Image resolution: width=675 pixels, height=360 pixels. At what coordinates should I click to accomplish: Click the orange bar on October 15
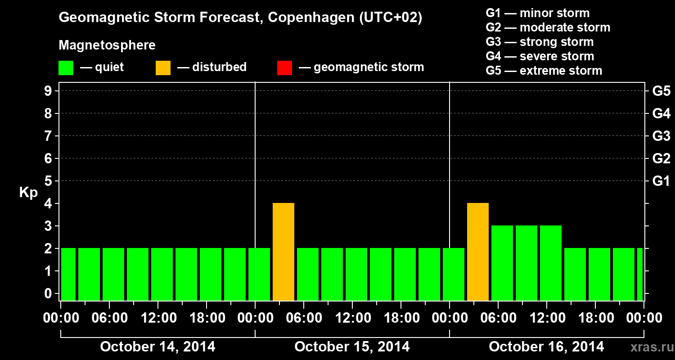click(283, 252)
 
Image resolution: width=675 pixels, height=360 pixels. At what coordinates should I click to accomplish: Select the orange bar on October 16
click(478, 252)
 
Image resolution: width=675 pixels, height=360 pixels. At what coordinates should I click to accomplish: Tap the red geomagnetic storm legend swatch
click(284, 67)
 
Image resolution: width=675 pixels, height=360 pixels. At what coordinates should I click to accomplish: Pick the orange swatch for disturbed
click(163, 67)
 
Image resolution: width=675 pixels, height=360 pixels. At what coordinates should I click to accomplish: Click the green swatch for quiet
click(66, 67)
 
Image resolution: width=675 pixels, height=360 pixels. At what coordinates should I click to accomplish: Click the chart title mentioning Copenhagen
click(240, 18)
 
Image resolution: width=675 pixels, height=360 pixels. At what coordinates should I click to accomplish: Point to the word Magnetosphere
click(107, 45)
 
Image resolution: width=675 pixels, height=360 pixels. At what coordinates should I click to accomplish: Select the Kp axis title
click(28, 193)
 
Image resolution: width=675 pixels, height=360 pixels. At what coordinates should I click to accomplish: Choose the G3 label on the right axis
click(661, 136)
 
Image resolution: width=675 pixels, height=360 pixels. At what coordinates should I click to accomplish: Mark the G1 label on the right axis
click(661, 181)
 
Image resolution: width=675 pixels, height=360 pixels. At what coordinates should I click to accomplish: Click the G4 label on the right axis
click(661, 113)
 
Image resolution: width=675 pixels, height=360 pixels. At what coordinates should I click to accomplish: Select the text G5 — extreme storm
click(544, 71)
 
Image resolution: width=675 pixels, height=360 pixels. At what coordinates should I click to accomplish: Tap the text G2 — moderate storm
click(548, 27)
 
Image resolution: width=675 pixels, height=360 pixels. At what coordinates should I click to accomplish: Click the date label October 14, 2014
click(157, 347)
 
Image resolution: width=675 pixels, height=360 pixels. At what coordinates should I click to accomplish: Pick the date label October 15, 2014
click(352, 347)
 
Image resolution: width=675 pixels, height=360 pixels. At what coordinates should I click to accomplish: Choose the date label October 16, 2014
click(546, 347)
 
